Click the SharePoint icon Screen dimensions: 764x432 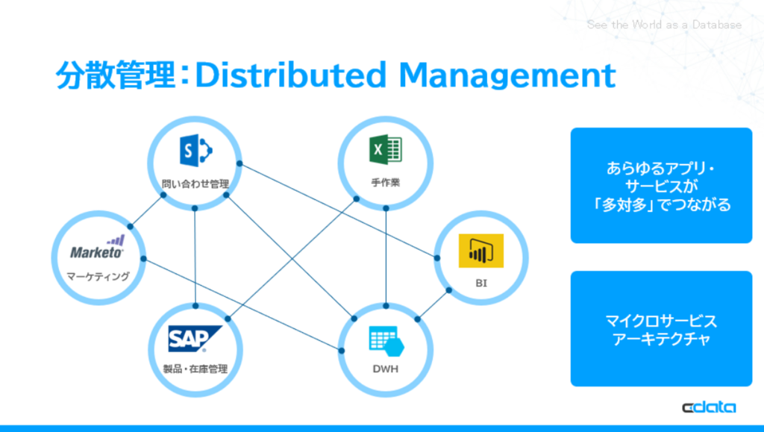coord(196,151)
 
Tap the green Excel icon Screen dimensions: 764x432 coord(386,149)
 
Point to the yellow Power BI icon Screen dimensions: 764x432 coord(481,251)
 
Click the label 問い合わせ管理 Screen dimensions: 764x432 coord(195,184)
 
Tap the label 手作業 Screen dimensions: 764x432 coord(386,182)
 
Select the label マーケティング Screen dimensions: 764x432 coord(98,276)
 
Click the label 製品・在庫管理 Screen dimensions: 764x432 coord(195,369)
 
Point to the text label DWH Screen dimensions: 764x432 coord(386,369)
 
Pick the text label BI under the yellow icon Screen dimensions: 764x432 coord(481,283)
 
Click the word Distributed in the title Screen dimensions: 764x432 coord(291,75)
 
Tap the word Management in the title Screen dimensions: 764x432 coord(507,76)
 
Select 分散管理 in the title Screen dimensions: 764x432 coord(115,75)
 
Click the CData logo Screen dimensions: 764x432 coord(709,407)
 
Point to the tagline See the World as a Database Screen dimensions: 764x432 coord(664,25)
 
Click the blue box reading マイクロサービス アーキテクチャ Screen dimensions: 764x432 coord(661,329)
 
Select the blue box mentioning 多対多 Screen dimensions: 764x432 coord(661,186)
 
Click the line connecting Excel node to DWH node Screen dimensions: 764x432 coord(386,257)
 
